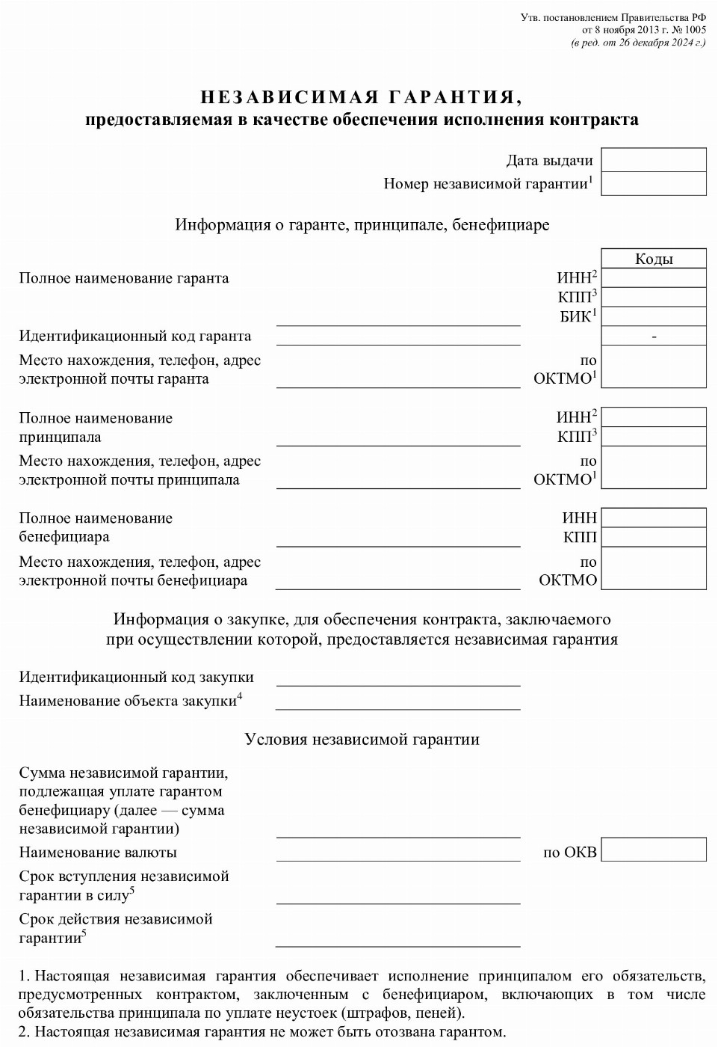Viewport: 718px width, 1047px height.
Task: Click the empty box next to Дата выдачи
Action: (654, 160)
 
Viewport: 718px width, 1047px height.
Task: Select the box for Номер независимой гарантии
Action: (654, 184)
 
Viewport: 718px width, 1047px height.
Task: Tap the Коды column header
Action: (654, 259)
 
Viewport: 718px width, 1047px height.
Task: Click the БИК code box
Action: (654, 316)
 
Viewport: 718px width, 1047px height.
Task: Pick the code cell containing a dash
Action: (654, 336)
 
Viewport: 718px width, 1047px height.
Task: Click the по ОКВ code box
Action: (654, 850)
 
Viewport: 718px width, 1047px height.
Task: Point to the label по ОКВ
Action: (570, 852)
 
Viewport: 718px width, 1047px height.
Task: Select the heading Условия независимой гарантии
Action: (362, 740)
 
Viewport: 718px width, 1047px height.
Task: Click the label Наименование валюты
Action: (98, 852)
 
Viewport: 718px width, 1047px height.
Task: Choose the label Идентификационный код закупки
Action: (136, 677)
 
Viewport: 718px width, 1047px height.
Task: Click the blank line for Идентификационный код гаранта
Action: (398, 337)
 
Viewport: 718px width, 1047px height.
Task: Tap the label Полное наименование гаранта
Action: (124, 278)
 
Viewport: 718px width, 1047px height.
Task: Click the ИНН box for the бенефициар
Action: (654, 518)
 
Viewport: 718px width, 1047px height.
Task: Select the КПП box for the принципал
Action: (654, 436)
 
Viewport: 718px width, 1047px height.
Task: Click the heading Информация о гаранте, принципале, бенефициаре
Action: (362, 224)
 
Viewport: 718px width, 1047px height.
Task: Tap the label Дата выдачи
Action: (549, 160)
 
